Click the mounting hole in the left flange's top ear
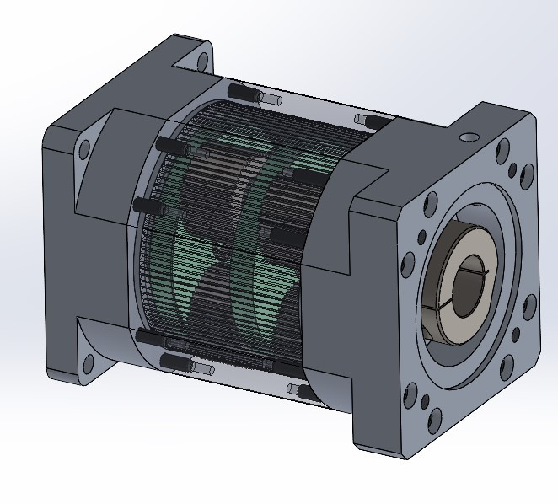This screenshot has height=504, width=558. click(x=201, y=60)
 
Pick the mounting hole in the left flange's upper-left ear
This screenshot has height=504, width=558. click(x=83, y=153)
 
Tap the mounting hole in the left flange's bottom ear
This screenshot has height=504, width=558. click(x=87, y=364)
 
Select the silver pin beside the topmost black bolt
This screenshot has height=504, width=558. click(x=271, y=99)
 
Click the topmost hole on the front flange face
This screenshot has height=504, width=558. click(x=503, y=154)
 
